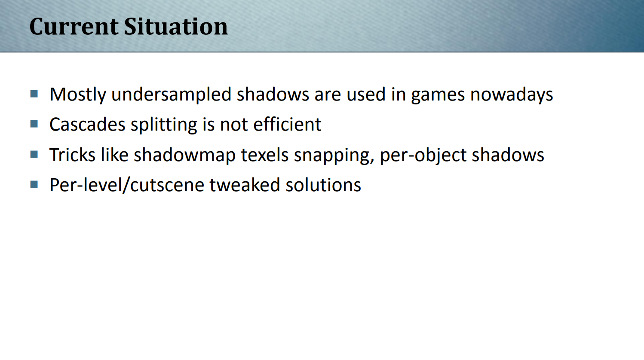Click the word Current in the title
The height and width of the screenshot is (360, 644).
(74, 27)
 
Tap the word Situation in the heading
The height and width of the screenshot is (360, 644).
(176, 27)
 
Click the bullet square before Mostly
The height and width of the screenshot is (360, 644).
(34, 94)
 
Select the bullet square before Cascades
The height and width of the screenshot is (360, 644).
(34, 124)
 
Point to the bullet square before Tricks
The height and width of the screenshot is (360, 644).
(34, 154)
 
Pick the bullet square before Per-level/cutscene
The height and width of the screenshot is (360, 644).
(34, 184)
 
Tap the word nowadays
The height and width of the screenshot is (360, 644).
(512, 95)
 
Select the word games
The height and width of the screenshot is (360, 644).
(438, 96)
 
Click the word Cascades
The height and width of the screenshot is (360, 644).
(87, 125)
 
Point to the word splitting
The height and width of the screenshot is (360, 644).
(164, 125)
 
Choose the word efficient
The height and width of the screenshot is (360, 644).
(287, 124)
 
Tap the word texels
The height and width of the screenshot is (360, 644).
(264, 155)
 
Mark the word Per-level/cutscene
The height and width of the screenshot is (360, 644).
(127, 185)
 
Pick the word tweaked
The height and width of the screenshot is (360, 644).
(245, 185)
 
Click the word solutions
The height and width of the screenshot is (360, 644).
(323, 185)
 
